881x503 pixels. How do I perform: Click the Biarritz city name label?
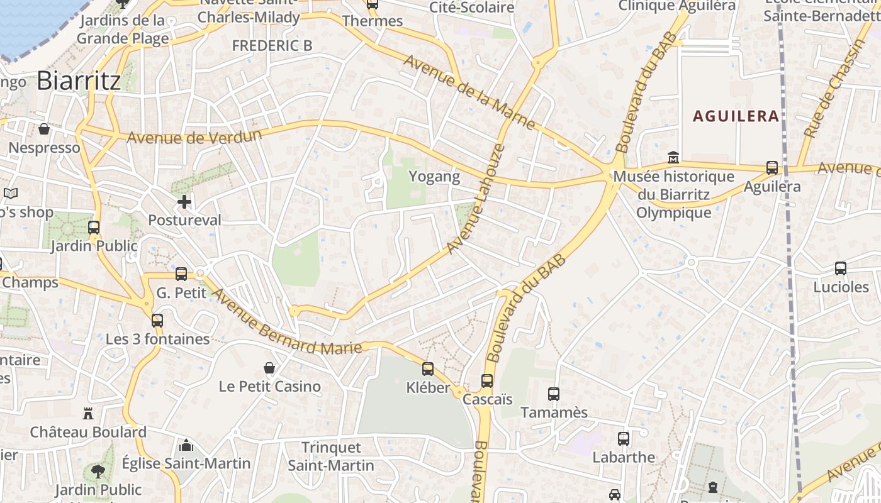click(79, 80)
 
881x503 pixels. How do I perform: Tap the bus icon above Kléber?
click(428, 369)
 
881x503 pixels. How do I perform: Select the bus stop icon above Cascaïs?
click(487, 381)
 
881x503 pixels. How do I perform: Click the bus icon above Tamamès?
click(554, 394)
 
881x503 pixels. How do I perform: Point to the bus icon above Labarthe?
click(624, 439)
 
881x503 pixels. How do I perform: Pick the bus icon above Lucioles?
click(841, 268)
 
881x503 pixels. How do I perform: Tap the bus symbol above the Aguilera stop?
click(772, 168)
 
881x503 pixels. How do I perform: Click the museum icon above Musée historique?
click(673, 157)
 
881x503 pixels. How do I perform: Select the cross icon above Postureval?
click(184, 202)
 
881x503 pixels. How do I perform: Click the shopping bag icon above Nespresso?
click(44, 129)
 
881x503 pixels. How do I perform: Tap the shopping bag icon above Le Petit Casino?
click(269, 368)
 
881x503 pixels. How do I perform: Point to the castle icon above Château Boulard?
click(88, 413)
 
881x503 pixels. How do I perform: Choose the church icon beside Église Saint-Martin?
click(186, 445)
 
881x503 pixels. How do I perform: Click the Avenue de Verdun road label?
click(194, 136)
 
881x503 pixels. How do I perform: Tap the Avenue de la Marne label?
click(469, 92)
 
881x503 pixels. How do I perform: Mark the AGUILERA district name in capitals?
click(736, 116)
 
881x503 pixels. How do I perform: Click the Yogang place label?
click(435, 177)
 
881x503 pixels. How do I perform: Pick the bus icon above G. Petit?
click(181, 274)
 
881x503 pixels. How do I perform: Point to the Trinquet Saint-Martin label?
click(331, 456)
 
